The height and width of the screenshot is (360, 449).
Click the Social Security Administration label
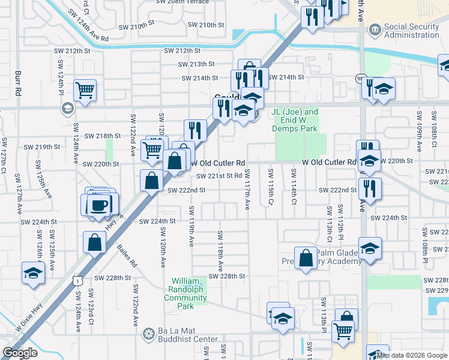coord(411,31)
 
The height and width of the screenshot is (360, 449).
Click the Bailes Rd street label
coord(128,255)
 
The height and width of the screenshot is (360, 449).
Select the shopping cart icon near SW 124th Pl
coord(85,91)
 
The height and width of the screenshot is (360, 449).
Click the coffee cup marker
coord(100,205)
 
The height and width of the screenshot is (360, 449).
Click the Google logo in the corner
coord(20,353)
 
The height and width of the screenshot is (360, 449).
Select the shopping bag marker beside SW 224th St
coord(95,243)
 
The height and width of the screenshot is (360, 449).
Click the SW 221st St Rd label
coord(219,176)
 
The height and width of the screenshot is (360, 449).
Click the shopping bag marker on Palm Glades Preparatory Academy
coord(306,259)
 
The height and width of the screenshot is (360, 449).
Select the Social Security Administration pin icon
coord(375,30)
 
